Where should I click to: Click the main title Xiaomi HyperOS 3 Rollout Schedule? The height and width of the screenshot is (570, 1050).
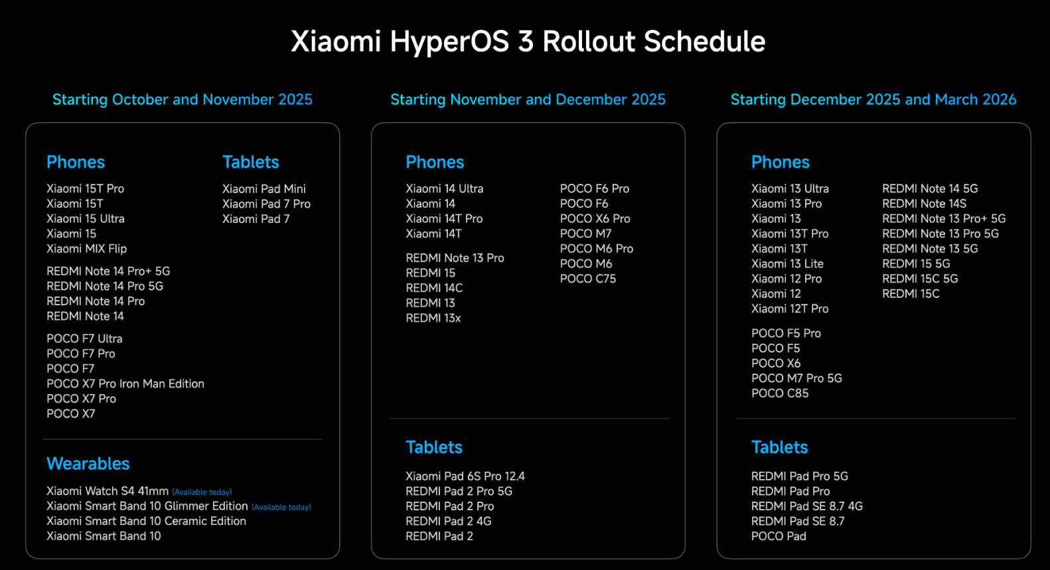[528, 42]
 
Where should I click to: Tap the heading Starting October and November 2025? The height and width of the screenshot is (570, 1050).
[183, 100]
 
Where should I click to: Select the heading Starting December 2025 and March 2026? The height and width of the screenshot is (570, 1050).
[873, 100]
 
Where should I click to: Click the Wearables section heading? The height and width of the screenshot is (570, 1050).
[88, 464]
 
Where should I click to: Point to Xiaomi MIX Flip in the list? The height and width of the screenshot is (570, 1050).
[87, 248]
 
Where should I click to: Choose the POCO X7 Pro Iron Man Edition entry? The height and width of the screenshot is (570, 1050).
[125, 384]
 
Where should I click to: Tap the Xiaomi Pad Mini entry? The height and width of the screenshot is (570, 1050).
[264, 188]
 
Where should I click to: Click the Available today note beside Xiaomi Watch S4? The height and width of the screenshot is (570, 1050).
[202, 492]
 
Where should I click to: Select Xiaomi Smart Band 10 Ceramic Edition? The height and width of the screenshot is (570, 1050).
[146, 521]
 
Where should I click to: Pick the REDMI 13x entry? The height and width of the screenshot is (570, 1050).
[433, 318]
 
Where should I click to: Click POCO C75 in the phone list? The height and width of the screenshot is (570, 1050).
[588, 279]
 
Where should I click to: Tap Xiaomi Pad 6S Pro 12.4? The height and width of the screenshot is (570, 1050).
[465, 476]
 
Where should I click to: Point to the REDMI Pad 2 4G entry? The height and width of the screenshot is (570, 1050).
[448, 521]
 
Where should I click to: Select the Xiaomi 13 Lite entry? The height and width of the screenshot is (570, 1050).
[787, 263]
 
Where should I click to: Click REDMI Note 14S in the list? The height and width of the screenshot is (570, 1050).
[924, 204]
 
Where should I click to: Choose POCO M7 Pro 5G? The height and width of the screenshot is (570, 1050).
[796, 378]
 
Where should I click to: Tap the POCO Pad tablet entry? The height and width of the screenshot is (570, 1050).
[779, 535]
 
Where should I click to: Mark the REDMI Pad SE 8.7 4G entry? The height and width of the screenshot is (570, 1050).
[806, 506]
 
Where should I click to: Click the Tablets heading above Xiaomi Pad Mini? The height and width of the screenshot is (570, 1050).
[250, 162]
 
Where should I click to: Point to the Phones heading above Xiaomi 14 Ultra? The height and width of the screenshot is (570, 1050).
[435, 162]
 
